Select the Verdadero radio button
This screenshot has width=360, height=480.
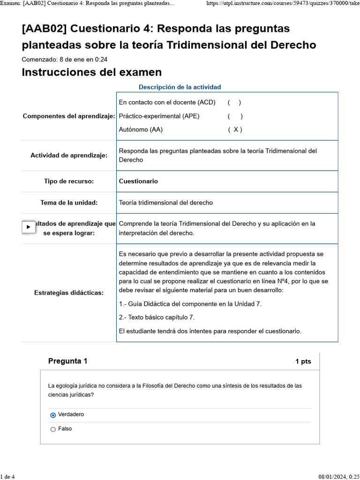[53, 415]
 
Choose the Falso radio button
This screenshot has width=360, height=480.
[53, 429]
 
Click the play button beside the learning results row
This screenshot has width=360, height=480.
[29, 227]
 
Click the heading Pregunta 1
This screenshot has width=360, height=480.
[67, 361]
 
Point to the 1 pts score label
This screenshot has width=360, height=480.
[303, 361]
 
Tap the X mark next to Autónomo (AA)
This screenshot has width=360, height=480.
[235, 130]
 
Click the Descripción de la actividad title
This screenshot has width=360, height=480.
[180, 87]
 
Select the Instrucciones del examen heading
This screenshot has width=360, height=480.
[91, 72]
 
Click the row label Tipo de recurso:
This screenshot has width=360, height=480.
[69, 181]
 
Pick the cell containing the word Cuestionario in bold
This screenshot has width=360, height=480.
[138, 181]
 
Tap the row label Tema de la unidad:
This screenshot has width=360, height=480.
[69, 202]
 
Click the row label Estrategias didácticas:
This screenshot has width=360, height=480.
[69, 293]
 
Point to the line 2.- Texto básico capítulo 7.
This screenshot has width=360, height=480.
[157, 317]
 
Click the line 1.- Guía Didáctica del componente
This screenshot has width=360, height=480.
[190, 304]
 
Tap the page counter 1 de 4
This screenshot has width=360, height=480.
[7, 477]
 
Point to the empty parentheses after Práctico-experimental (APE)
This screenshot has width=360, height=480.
[235, 116]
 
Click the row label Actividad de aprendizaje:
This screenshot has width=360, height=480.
[69, 155]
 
